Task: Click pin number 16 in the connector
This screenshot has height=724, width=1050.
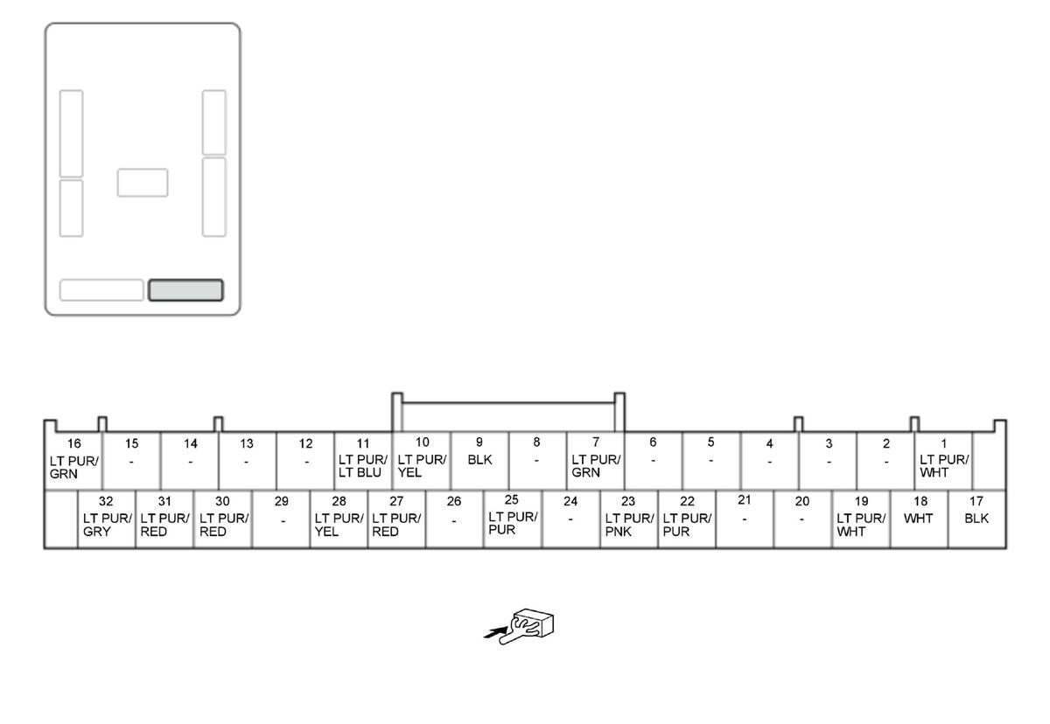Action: (74, 443)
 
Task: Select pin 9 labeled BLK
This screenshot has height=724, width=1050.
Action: (479, 460)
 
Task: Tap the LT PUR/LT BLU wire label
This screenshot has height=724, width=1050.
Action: (363, 466)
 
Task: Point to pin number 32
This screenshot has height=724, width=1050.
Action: (106, 501)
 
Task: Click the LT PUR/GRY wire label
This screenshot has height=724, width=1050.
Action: (108, 525)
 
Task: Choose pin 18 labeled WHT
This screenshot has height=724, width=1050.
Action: (918, 519)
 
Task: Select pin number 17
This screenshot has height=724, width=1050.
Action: (976, 501)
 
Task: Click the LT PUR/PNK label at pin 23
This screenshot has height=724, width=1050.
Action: (629, 525)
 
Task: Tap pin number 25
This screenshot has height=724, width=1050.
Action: (511, 499)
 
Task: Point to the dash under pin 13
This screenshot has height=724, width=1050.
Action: (247, 463)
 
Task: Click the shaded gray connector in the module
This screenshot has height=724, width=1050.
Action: (185, 290)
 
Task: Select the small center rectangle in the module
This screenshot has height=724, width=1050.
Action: (143, 183)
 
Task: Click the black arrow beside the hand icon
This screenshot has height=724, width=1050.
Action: (496, 633)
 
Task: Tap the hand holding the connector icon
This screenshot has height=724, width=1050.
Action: (526, 626)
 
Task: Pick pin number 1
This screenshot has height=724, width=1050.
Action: (943, 443)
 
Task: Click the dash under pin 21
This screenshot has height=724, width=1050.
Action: (745, 519)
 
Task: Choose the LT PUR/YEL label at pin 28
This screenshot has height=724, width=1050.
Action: (339, 525)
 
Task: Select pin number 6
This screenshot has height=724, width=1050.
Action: (653, 442)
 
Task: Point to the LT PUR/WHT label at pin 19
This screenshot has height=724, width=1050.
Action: (861, 525)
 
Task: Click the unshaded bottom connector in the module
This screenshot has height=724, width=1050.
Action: (101, 290)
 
